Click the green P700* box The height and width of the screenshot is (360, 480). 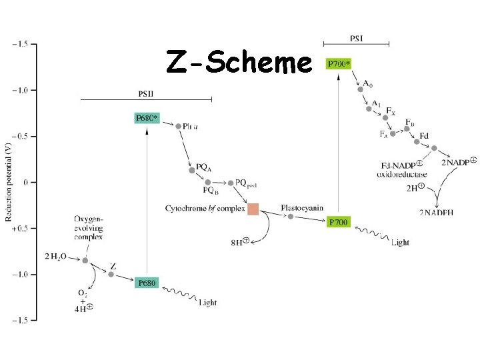tap(338, 64)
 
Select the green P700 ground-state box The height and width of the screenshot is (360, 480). tap(338, 222)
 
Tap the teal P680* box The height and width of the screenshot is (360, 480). tap(147, 119)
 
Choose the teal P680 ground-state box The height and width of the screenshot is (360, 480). tap(147, 283)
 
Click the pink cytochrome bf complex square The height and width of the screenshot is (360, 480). tap(253, 209)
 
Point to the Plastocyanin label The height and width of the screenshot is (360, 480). tap(302, 207)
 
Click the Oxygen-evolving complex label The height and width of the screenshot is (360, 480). tap(89, 227)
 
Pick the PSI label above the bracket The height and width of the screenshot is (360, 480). tap(356, 37)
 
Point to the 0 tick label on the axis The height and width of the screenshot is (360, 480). tap(25, 182)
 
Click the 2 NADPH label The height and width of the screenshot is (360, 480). tap(437, 212)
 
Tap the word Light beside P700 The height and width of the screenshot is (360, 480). tap(400, 243)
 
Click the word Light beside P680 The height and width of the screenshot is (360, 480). tap(207, 303)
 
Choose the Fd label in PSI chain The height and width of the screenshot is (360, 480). tap(423, 137)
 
